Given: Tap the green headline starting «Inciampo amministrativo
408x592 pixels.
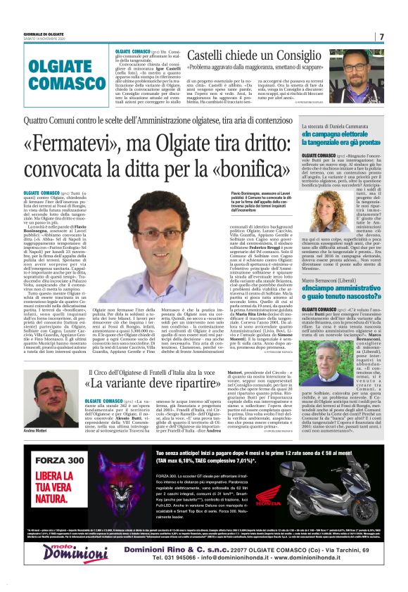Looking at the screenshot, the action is [346, 294].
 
